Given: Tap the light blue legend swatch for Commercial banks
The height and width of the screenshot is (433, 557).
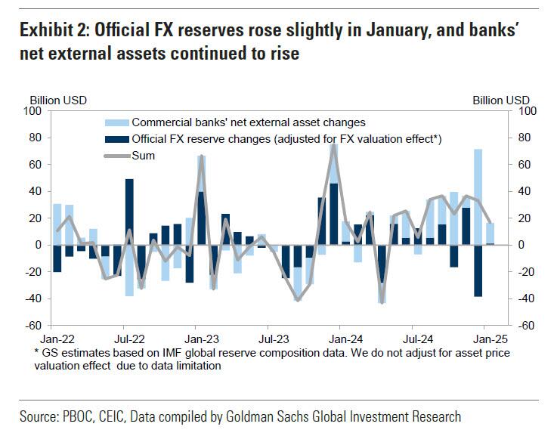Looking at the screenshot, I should pyautogui.click(x=116, y=122).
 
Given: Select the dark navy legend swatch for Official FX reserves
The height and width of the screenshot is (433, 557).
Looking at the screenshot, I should pyautogui.click(x=116, y=139).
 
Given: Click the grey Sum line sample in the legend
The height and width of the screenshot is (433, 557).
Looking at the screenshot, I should pyautogui.click(x=116, y=155).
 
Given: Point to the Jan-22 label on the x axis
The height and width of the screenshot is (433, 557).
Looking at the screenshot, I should pyautogui.click(x=57, y=339).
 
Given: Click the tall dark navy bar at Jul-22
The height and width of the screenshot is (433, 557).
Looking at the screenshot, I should pyautogui.click(x=129, y=212).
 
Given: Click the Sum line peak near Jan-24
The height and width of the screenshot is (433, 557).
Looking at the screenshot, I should pyautogui.click(x=333, y=145).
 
